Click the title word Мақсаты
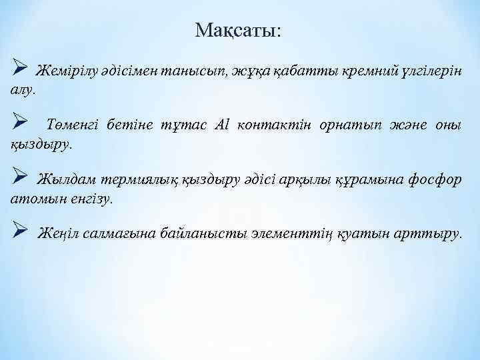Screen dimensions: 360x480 click(238, 30)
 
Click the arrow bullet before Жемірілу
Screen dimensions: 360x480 click(19, 69)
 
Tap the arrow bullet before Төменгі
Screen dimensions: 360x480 click(19, 124)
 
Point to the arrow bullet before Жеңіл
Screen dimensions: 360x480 click(19, 233)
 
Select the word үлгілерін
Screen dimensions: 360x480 click(428, 71)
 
